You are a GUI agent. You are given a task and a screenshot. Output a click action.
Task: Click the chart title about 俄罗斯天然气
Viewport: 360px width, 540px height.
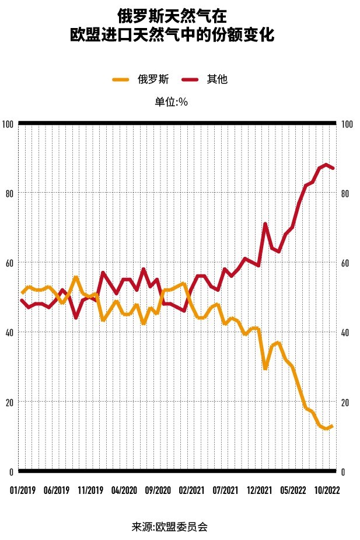[179, 25]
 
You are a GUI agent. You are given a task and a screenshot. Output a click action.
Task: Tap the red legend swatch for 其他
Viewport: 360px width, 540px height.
[192, 79]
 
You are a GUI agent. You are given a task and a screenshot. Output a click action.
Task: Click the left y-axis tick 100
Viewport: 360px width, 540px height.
[8, 124]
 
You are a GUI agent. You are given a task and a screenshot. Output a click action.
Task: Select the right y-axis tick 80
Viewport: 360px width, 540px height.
[345, 194]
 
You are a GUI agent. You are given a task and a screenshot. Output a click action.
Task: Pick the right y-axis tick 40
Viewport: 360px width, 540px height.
[345, 333]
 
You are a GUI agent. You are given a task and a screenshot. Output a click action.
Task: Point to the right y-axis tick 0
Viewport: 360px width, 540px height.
[344, 472]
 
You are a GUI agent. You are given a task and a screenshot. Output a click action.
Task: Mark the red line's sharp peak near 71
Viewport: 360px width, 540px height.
[265, 224]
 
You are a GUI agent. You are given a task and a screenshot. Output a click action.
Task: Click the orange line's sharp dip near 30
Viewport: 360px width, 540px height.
[265, 368]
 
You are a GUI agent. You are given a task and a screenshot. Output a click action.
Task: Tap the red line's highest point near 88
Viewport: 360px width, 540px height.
[326, 165]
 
